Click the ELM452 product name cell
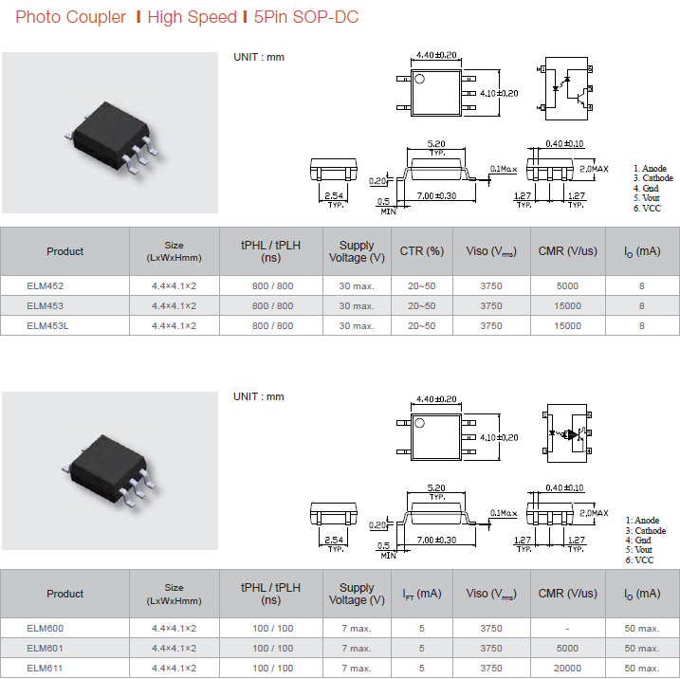[46, 286]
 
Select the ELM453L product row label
[47, 326]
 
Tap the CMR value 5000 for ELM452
[567, 286]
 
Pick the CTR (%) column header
[421, 251]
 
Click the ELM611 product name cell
[45, 669]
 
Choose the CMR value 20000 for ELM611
[567, 669]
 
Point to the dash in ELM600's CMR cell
[567, 629]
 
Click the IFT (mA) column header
[421, 594]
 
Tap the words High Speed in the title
[193, 17]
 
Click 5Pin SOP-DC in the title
[306, 17]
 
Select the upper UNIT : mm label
[259, 57]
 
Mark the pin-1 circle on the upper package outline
[419, 79]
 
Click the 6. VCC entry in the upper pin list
[647, 208]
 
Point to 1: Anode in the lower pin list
[642, 521]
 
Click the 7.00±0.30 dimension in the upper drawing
[436, 196]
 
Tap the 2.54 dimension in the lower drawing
[334, 540]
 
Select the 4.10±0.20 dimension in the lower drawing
[499, 437]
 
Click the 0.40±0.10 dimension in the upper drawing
[564, 143]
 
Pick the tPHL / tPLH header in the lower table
[270, 594]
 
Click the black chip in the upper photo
[112, 135]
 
